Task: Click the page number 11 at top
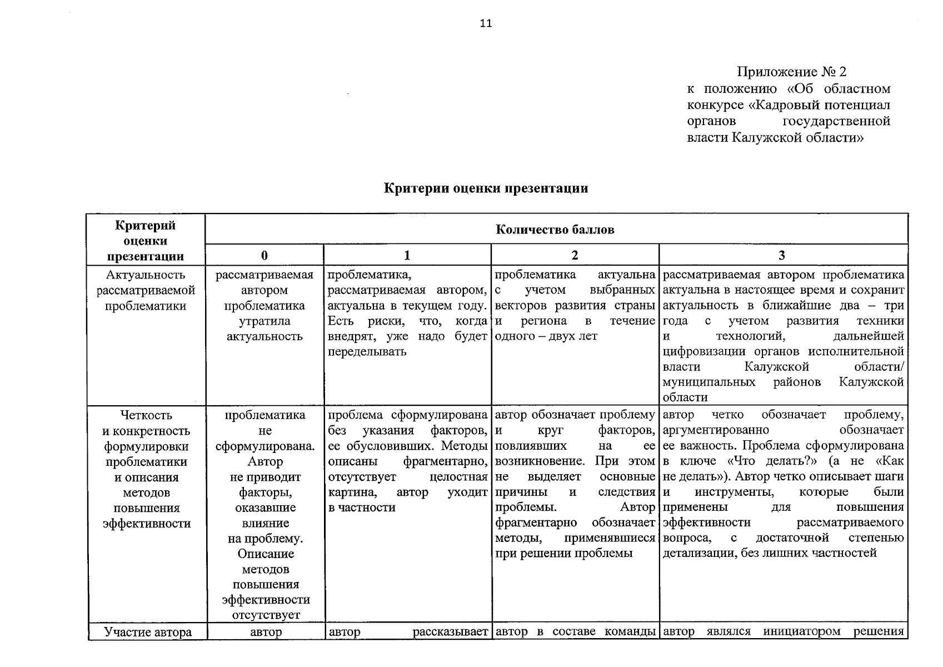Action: [x=485, y=23]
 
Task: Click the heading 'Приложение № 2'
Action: [x=791, y=72]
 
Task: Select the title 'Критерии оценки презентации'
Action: [x=486, y=188]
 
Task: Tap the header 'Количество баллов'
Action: [x=555, y=230]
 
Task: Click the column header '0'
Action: [x=265, y=255]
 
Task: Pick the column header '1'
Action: [x=407, y=255]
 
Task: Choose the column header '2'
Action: [x=575, y=255]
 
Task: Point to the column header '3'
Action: [x=782, y=255]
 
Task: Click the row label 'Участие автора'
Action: [x=148, y=632]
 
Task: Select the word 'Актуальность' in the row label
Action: [x=146, y=275]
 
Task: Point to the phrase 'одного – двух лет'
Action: [x=546, y=336]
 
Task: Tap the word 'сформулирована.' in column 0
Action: [x=265, y=446]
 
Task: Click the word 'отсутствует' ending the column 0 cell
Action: [x=266, y=615]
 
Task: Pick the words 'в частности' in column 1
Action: [x=362, y=507]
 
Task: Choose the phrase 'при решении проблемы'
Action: [x=563, y=554]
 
